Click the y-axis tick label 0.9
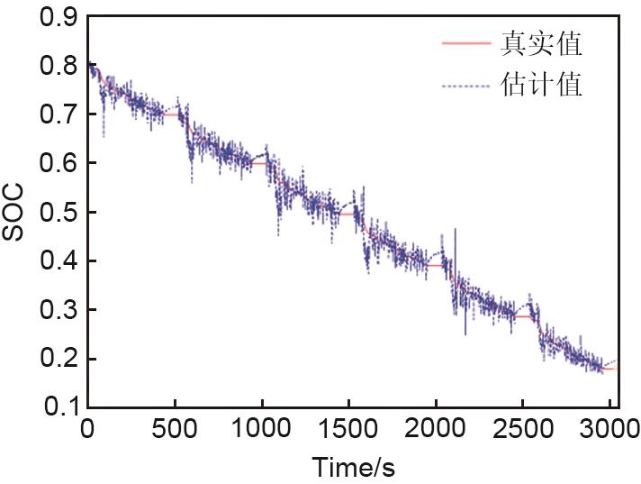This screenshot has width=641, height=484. pyautogui.click(x=60, y=17)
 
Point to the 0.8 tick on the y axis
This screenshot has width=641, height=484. pyautogui.click(x=60, y=66)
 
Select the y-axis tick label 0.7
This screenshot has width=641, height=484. pyautogui.click(x=60, y=115)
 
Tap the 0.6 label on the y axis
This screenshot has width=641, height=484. pyautogui.click(x=60, y=164)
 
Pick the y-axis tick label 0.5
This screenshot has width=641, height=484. pyautogui.click(x=60, y=213)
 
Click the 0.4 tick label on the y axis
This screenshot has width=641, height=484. pyautogui.click(x=60, y=261)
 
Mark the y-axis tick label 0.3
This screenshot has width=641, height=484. pyautogui.click(x=60, y=310)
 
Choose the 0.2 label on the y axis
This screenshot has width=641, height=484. pyautogui.click(x=60, y=359)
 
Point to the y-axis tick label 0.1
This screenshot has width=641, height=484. pyautogui.click(x=60, y=407)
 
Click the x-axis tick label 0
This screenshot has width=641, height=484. pyautogui.click(x=87, y=428)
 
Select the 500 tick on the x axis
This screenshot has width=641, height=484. pyautogui.click(x=174, y=428)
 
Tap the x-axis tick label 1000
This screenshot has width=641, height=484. pyautogui.click(x=261, y=428)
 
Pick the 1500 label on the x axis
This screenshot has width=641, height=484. pyautogui.click(x=348, y=428)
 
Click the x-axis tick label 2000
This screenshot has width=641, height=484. pyautogui.click(x=435, y=428)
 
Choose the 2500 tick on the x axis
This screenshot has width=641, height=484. pyautogui.click(x=522, y=428)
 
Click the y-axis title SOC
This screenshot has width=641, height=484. pyautogui.click(x=16, y=213)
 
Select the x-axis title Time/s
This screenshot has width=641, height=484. pyautogui.click(x=353, y=467)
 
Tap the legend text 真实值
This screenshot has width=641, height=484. pyautogui.click(x=540, y=42)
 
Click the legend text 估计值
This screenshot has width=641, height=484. pyautogui.click(x=540, y=86)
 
